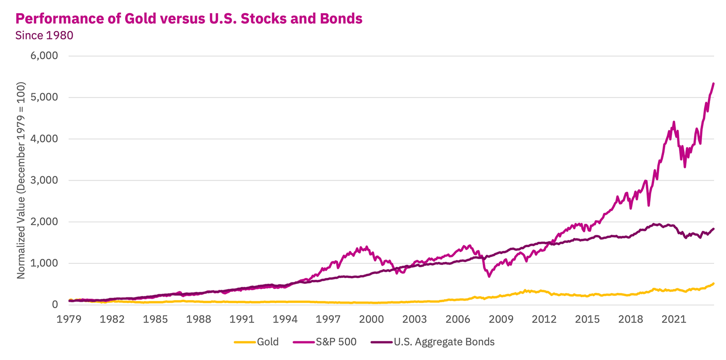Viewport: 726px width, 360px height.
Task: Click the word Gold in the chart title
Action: (139, 19)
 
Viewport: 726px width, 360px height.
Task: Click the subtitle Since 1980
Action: (44, 35)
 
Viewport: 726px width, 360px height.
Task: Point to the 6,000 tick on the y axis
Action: (44, 56)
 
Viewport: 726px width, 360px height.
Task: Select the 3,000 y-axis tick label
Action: (44, 180)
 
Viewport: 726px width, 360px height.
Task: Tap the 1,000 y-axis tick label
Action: (44, 263)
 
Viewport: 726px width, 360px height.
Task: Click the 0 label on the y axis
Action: (54, 305)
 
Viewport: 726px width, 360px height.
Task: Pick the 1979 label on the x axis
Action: (69, 319)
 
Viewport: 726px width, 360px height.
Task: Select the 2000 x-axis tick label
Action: (371, 319)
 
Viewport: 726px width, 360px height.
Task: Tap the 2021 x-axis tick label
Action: (673, 319)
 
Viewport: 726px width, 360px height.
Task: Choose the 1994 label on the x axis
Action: (285, 319)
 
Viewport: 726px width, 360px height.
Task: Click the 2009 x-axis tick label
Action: (501, 319)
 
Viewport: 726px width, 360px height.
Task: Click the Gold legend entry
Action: (268, 342)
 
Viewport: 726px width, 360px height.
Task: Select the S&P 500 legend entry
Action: (336, 342)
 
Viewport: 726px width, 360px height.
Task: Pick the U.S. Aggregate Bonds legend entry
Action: (444, 342)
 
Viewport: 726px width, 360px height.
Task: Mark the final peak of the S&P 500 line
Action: (713, 84)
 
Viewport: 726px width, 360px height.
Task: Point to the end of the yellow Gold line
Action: (713, 284)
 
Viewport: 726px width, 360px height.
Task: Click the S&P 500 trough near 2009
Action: (489, 276)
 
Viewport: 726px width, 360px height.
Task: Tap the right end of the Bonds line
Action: (713, 229)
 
